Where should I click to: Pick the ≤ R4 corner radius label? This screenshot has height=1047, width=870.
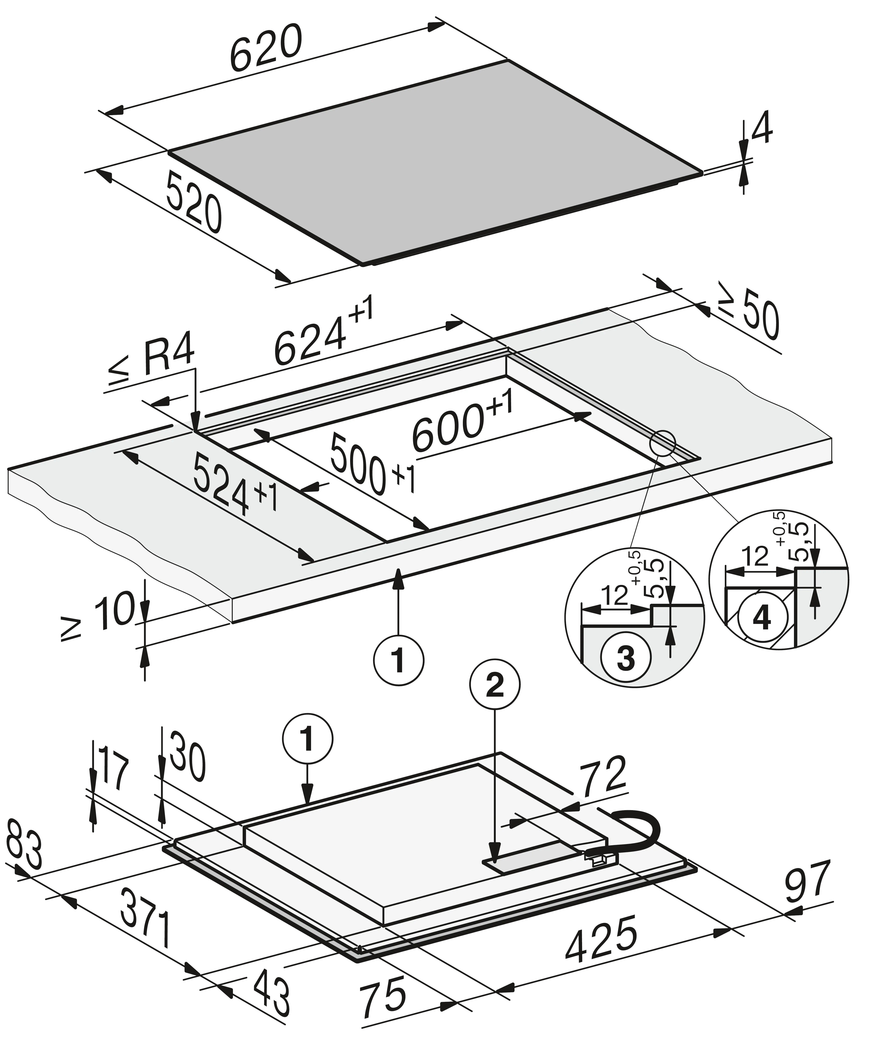click(150, 362)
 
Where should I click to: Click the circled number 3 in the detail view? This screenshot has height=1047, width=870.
click(626, 658)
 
